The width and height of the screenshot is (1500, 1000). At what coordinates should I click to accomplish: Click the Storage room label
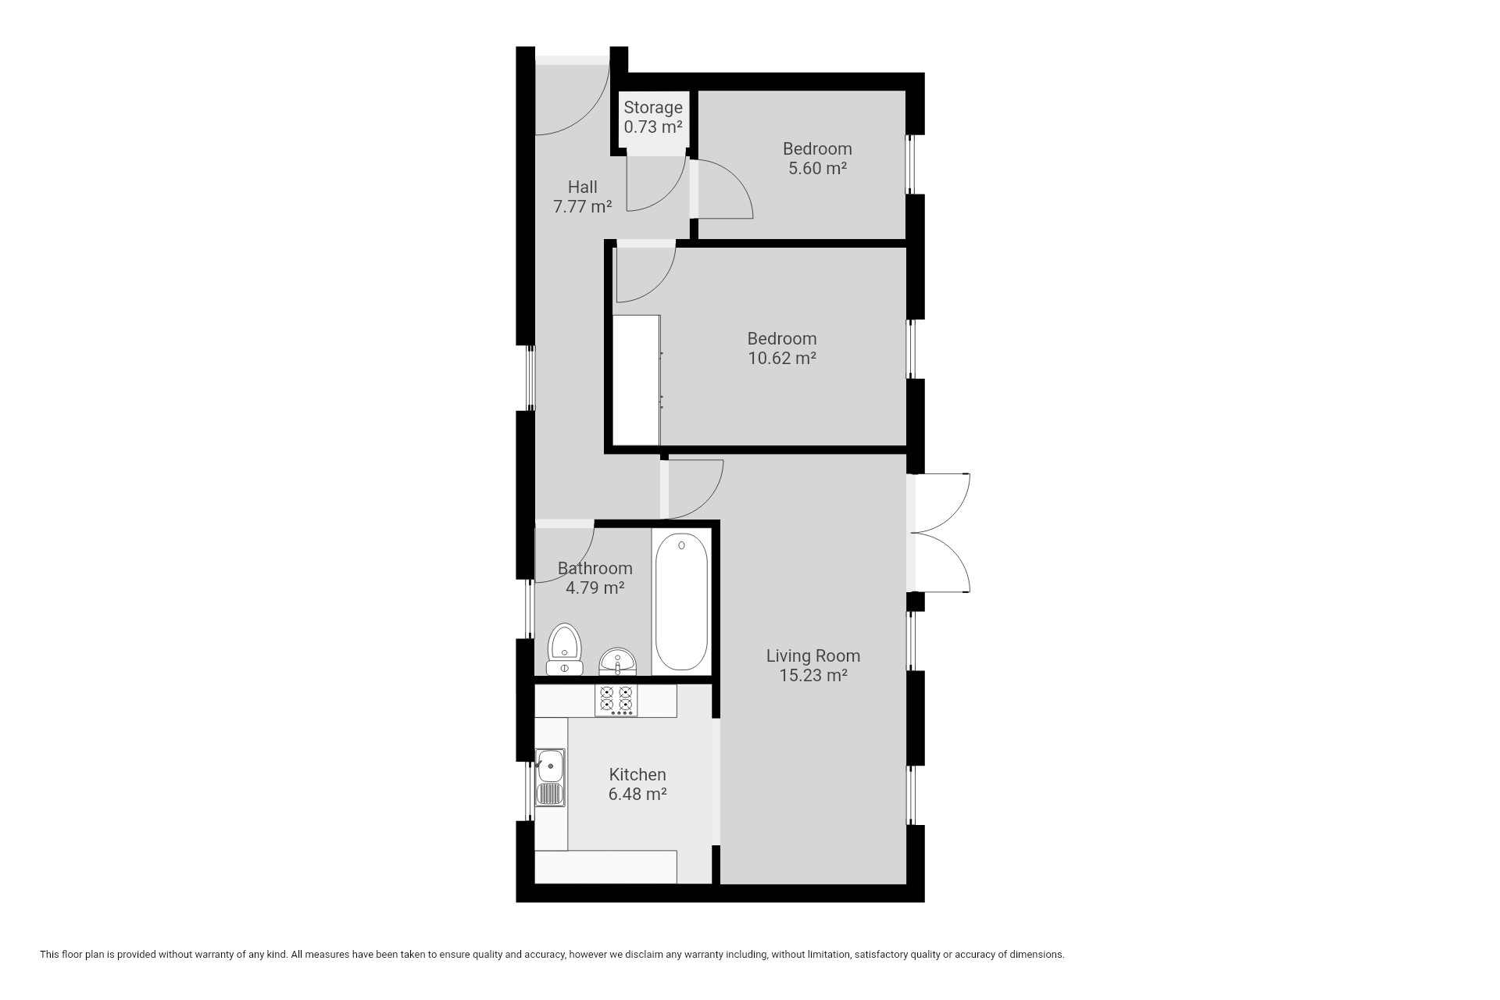point(653,108)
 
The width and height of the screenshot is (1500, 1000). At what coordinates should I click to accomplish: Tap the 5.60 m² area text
point(818,168)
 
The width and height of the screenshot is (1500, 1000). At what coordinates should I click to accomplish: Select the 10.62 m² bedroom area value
point(782,359)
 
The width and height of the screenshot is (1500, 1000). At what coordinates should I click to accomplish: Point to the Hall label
point(583,187)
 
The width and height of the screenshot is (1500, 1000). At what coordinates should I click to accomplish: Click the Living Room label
point(813,656)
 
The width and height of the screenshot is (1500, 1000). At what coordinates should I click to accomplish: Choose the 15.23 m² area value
point(813,676)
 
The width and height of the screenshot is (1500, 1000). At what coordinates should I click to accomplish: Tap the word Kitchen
point(637,775)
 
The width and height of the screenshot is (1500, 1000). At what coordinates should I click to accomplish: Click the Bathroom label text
point(595,569)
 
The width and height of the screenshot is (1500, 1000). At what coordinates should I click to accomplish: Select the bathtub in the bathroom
point(681,602)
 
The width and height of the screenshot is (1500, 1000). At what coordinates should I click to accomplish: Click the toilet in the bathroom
point(564,649)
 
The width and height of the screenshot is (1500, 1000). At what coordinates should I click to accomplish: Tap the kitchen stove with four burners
point(616,701)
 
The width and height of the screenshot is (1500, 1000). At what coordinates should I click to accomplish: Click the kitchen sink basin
point(551,766)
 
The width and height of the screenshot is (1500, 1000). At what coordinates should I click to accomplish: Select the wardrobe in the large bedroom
point(637,380)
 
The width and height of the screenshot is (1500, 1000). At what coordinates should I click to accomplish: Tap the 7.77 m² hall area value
point(583,207)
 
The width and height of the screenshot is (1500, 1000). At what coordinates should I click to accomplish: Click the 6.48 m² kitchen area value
point(637,795)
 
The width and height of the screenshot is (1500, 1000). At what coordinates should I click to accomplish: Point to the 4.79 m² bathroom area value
point(595,588)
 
